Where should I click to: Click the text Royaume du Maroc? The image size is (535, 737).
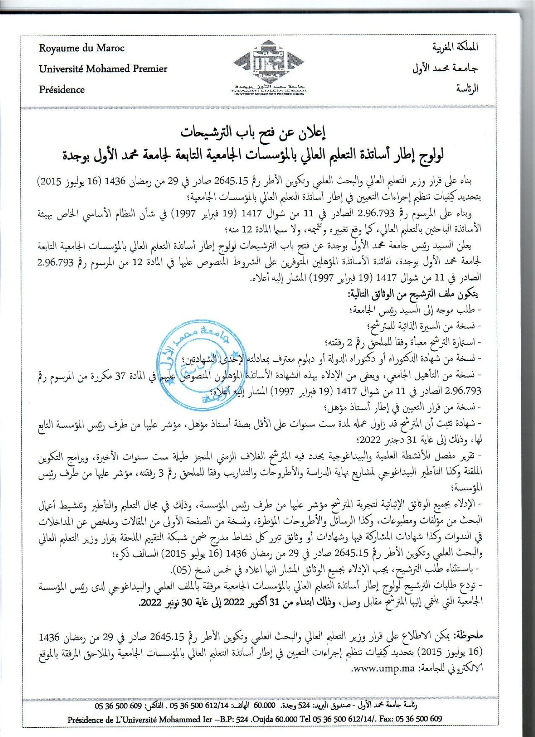[82, 48]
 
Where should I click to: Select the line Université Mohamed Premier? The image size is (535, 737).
[103, 69]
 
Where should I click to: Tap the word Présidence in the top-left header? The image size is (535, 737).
[62, 89]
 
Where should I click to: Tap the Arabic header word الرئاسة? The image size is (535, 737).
[467, 89]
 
